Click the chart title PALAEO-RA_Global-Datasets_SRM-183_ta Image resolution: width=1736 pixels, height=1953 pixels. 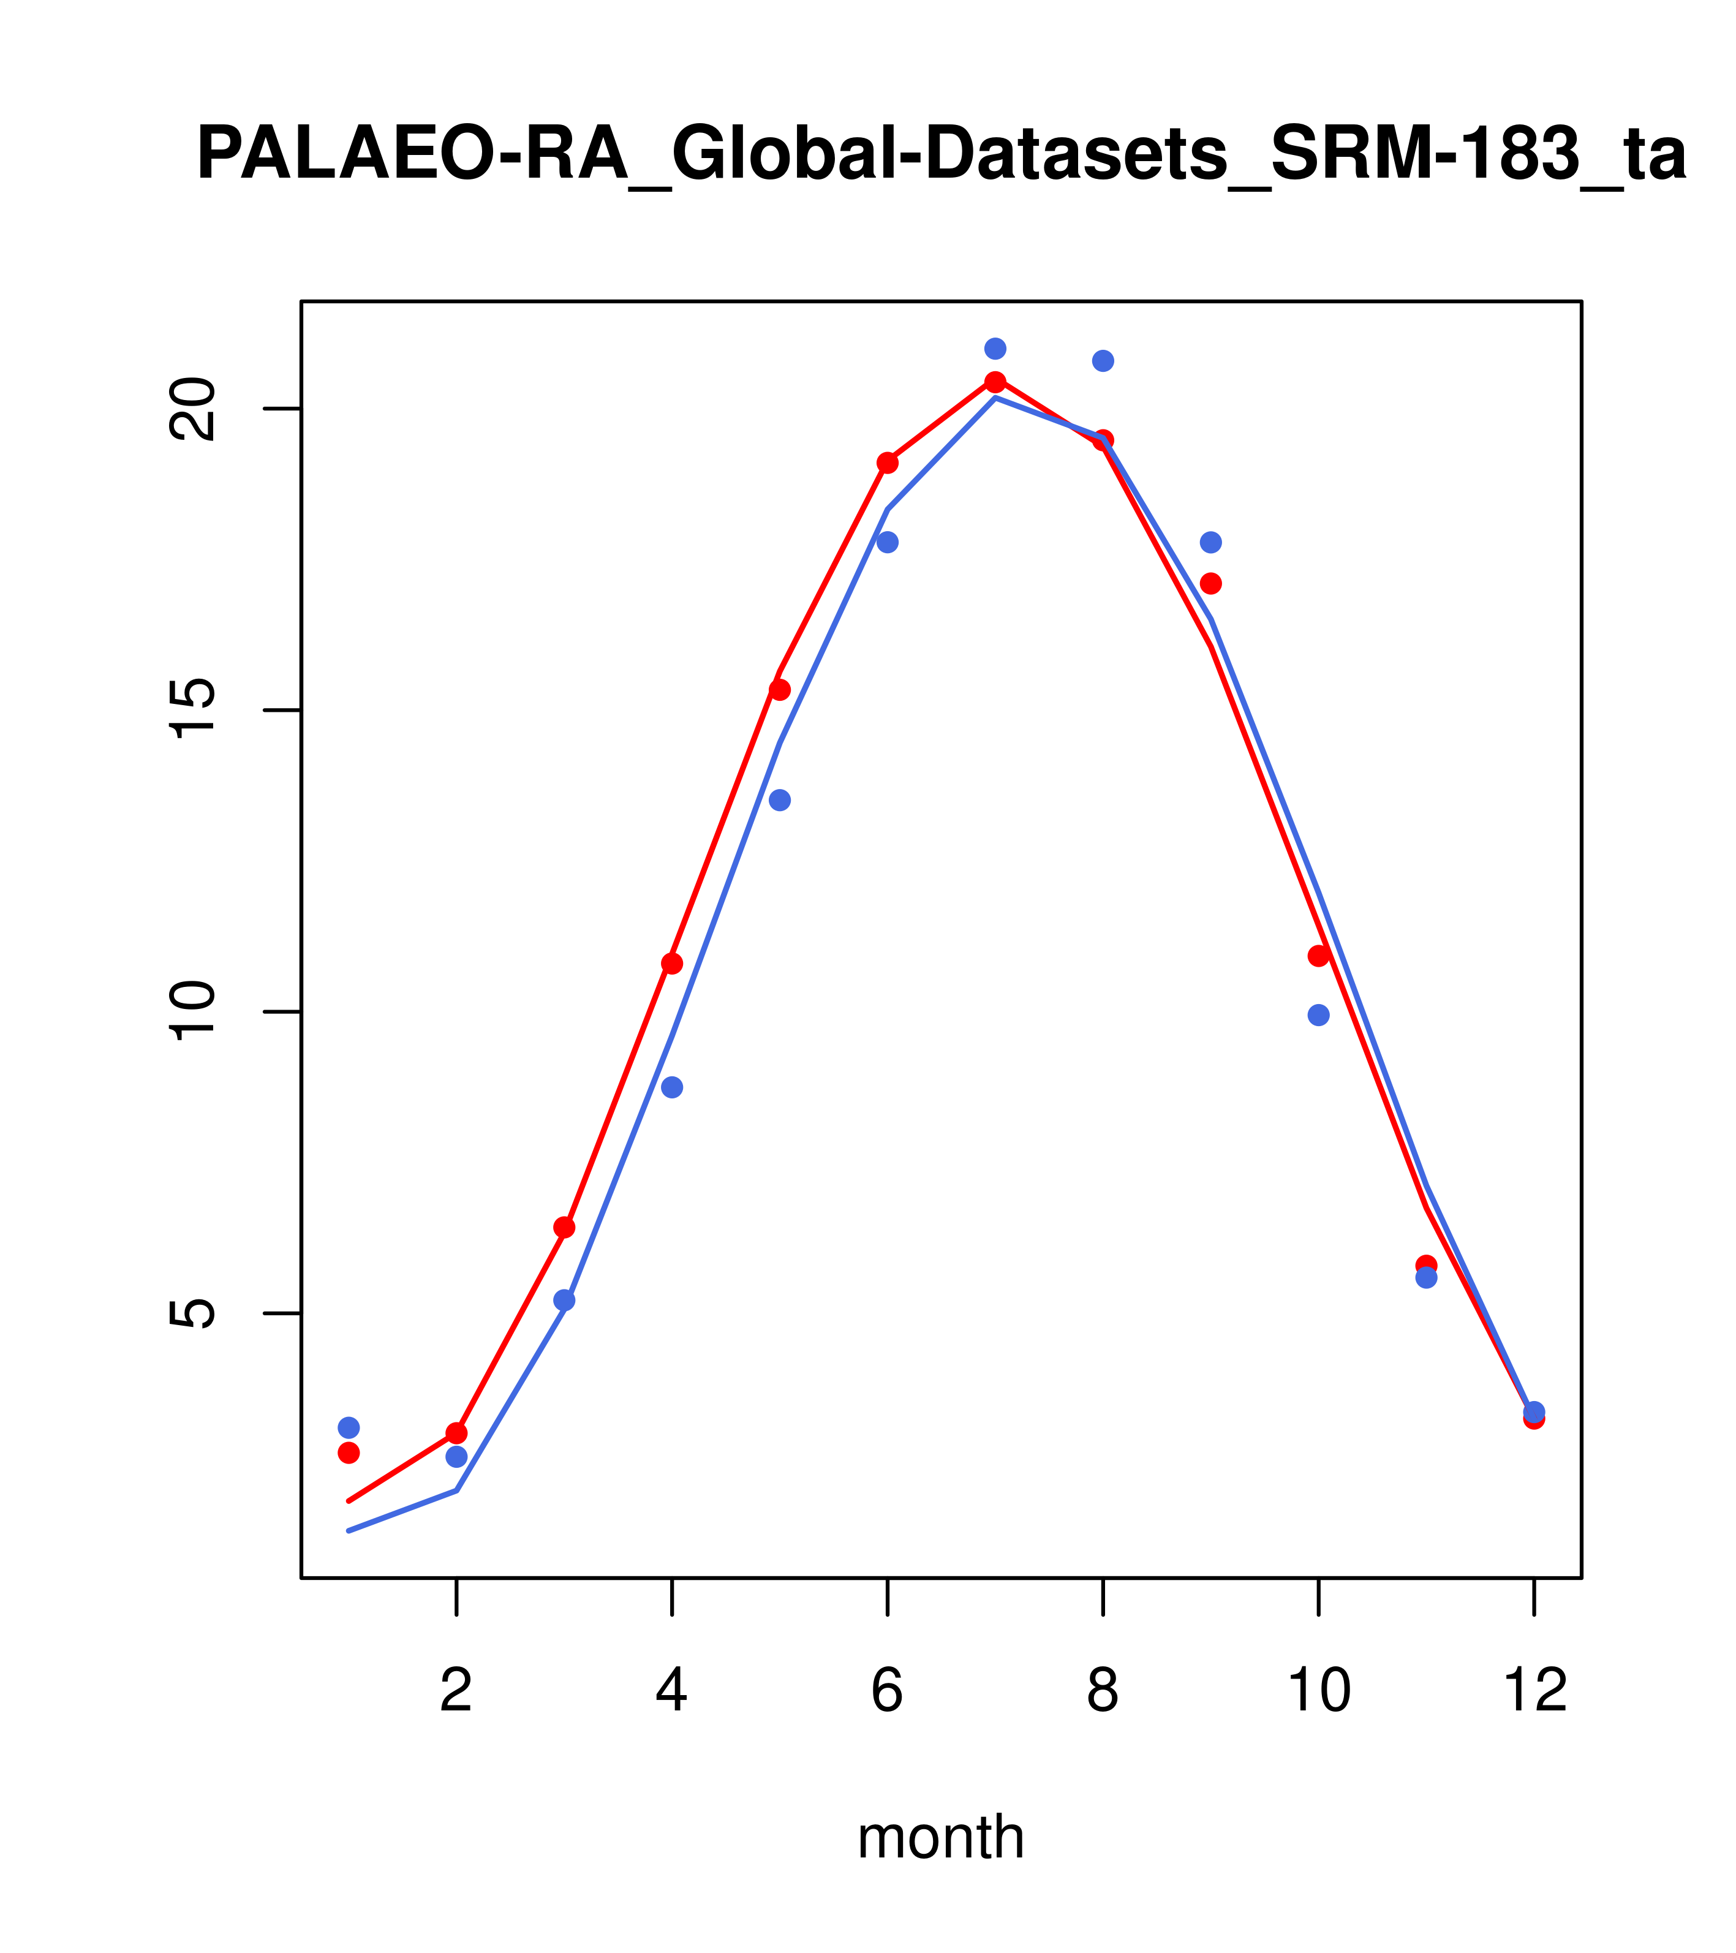pyautogui.click(x=941, y=155)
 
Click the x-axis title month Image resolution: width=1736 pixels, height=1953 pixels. pyautogui.click(x=941, y=1837)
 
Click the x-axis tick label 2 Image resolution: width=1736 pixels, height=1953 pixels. pyautogui.click(x=457, y=1691)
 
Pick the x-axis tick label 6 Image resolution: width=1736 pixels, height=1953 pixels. pyautogui.click(x=888, y=1691)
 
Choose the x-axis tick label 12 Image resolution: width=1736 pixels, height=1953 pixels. pyautogui.click(x=1534, y=1691)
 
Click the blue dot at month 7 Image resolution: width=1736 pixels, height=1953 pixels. pyautogui.click(x=995, y=349)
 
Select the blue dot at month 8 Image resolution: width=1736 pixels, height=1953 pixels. pyautogui.click(x=1103, y=360)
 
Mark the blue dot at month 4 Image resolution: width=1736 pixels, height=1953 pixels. pyautogui.click(x=673, y=1087)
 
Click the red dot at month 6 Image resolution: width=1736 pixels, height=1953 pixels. pyautogui.click(x=888, y=463)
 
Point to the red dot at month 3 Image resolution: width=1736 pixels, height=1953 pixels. pyautogui.click(x=565, y=1227)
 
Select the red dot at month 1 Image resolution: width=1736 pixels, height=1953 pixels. pyautogui.click(x=349, y=1452)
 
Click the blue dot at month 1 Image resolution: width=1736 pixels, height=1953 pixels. pyautogui.click(x=349, y=1427)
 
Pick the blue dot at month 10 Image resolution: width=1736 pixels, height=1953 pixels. pyautogui.click(x=1318, y=1014)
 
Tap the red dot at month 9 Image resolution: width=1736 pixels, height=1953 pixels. pyautogui.click(x=1210, y=583)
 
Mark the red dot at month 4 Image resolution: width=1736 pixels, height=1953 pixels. pyautogui.click(x=673, y=963)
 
